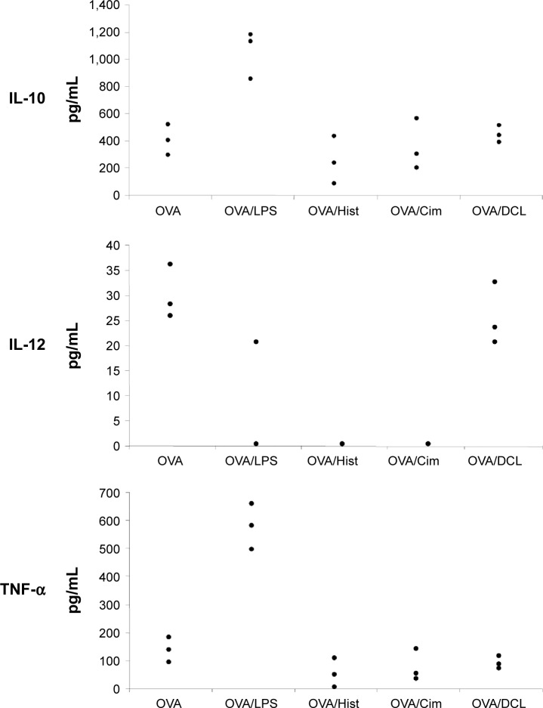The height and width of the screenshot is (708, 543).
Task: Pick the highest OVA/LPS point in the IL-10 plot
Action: point(250,34)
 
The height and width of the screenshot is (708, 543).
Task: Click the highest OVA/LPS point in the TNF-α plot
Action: point(251,503)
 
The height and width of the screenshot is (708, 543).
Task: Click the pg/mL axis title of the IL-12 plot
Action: point(76,344)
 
